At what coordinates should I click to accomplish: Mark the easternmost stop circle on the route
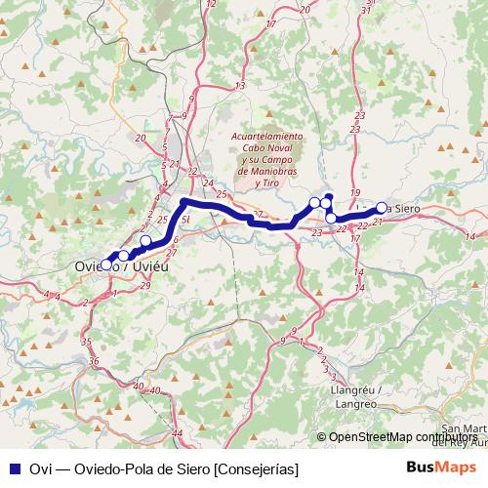coord(382,207)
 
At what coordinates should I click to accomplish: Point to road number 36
coord(94,361)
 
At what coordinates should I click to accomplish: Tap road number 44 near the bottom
coord(178,432)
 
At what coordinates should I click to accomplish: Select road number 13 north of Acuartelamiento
coord(240,86)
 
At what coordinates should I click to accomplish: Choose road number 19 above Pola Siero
coord(355,192)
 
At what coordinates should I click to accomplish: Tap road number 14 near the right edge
coord(470,237)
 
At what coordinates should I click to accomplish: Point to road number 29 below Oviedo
coord(145,284)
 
